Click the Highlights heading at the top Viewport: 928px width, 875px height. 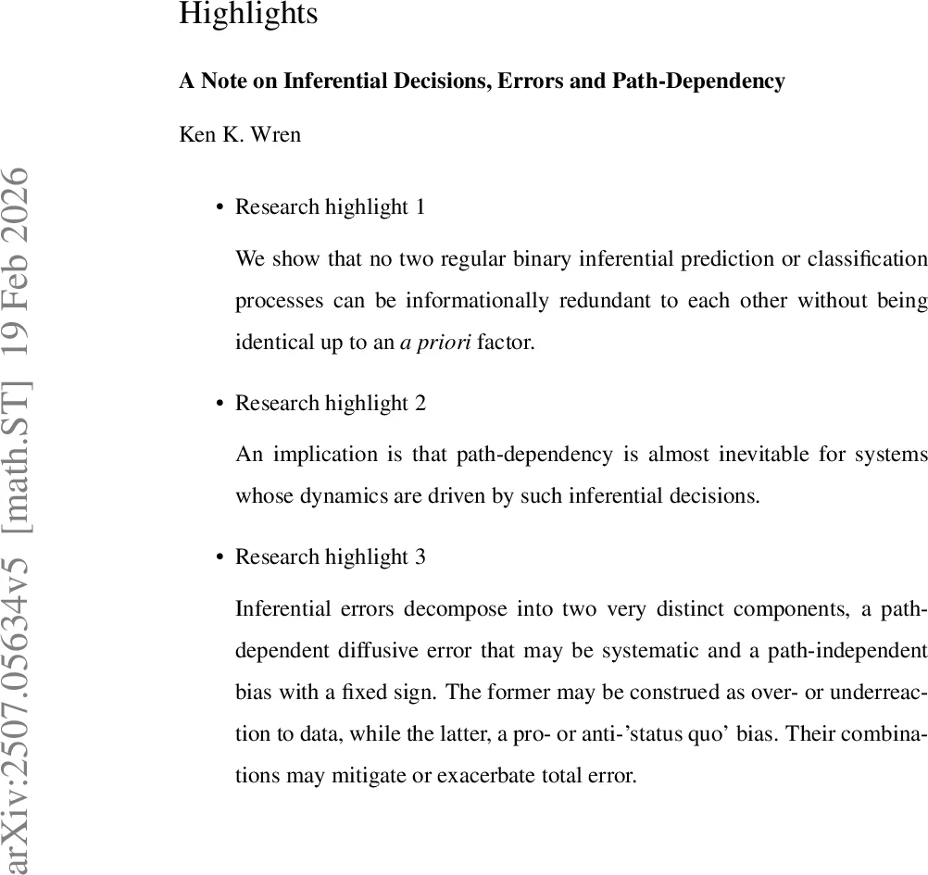point(247,14)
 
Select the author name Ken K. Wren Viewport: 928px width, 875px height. point(239,134)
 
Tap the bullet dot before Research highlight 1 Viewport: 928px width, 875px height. point(219,208)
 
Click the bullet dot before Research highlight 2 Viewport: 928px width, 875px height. point(219,405)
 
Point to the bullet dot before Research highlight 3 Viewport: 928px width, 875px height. point(219,558)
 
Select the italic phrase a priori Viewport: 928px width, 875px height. point(435,342)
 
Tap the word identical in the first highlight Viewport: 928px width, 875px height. point(269,342)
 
